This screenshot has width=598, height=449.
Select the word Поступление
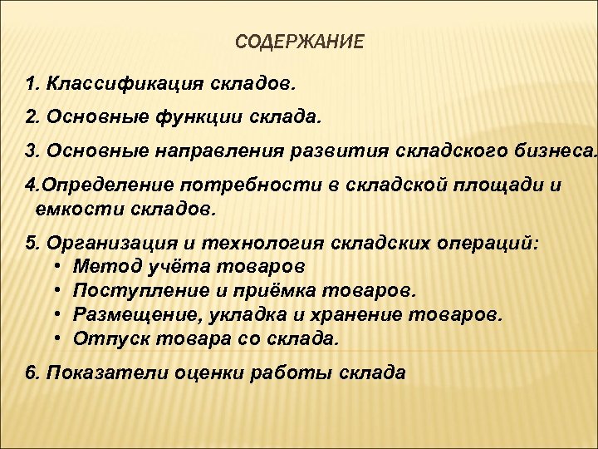[135, 291]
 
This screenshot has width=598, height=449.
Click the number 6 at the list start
[32, 373]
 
